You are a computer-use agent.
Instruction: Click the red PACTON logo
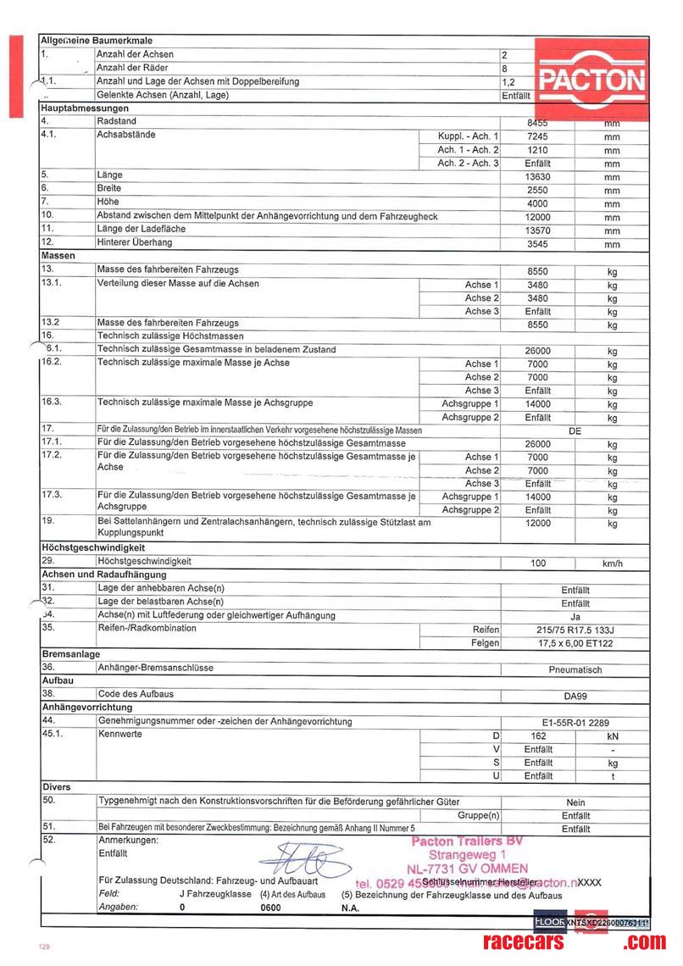tap(592, 81)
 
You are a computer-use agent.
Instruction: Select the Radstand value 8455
tap(538, 123)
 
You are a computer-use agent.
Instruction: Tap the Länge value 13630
tap(538, 176)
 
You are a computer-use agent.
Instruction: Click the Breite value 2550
tap(538, 190)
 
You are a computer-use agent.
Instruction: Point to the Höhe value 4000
tap(538, 203)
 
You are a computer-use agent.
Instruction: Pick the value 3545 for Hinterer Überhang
tap(538, 244)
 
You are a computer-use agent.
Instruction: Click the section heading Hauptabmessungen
tap(85, 108)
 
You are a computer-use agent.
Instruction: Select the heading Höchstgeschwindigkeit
tap(94, 547)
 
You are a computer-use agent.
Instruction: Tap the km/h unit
tap(612, 563)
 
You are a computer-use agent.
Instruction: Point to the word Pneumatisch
tap(575, 669)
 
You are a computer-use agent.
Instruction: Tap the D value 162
tap(538, 736)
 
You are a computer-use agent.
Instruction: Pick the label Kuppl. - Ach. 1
tap(468, 136)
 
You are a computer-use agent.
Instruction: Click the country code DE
tap(575, 430)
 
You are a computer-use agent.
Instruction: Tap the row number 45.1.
tap(53, 735)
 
